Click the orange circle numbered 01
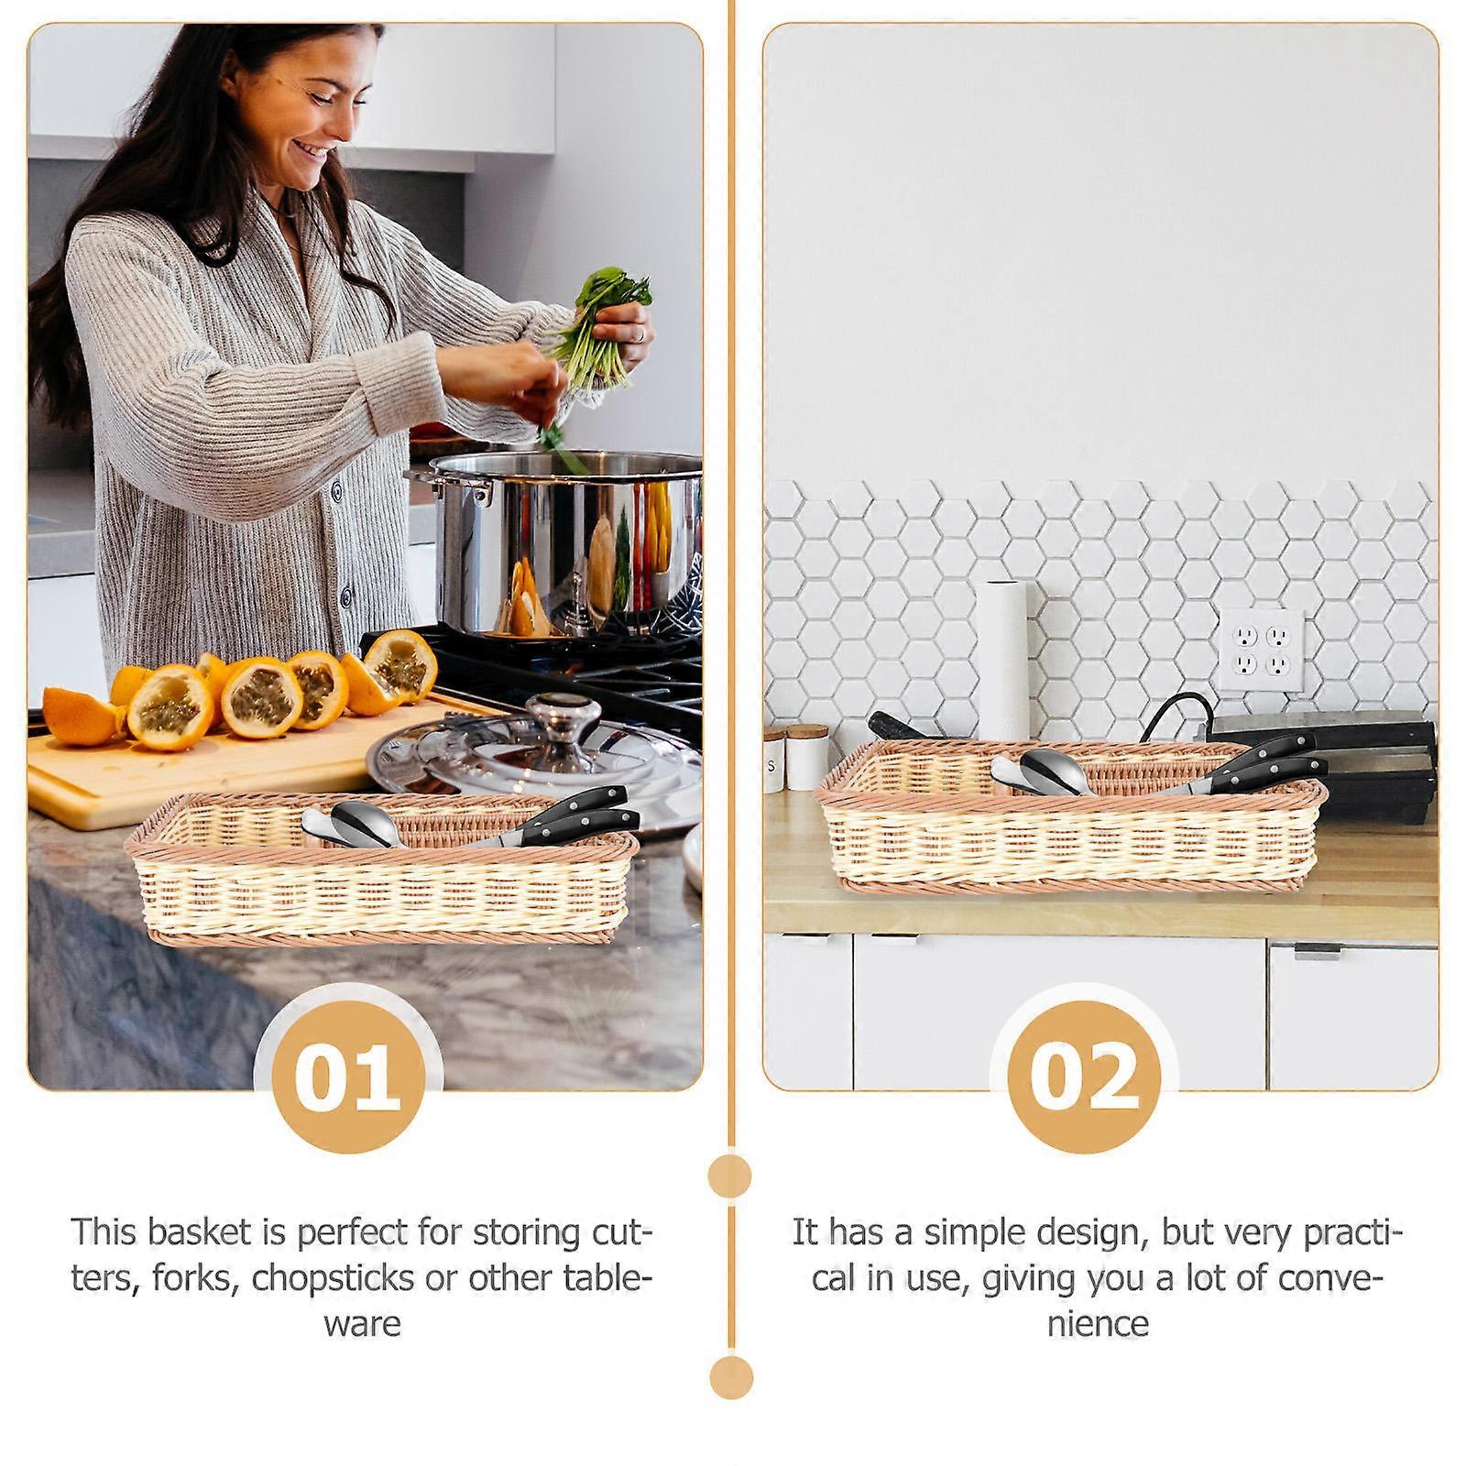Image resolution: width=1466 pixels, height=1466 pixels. point(348,1078)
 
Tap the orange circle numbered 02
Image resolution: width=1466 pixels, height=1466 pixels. point(1084,1078)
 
